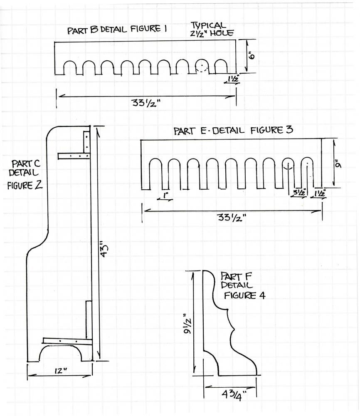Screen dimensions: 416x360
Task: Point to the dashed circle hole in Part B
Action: [202, 67]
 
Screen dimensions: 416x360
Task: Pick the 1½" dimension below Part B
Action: [232, 79]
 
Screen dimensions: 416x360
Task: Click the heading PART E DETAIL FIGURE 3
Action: [233, 130]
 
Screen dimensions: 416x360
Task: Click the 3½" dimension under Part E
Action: [299, 193]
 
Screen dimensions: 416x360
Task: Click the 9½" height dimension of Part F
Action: [188, 321]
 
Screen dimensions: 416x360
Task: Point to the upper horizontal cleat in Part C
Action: [74, 156]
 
